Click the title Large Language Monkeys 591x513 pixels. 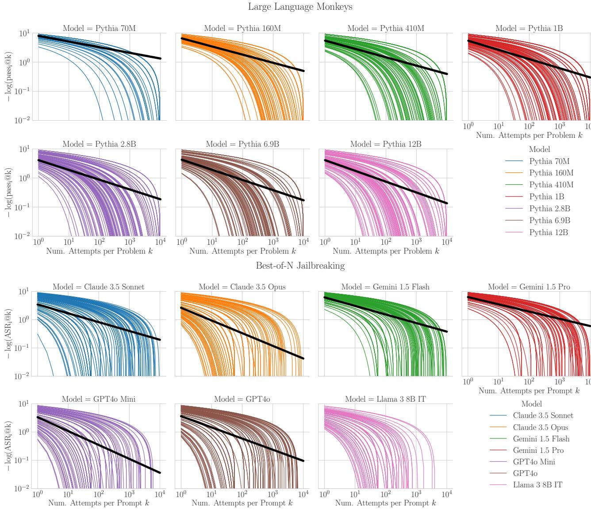tap(300, 7)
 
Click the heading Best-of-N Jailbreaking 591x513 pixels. tap(300, 266)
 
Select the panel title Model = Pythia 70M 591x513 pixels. tap(99, 29)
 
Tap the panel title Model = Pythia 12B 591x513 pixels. tap(386, 144)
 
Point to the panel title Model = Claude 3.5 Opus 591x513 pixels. tap(242, 287)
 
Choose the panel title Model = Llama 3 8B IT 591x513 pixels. tap(385, 399)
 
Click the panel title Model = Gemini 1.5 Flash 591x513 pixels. tap(385, 287)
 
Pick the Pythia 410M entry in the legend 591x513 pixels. tap(551, 185)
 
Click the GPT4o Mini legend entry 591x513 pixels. tap(534, 462)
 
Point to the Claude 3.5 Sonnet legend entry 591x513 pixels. tap(543, 416)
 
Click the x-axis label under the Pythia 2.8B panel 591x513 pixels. tap(99, 251)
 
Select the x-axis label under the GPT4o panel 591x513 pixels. tap(242, 503)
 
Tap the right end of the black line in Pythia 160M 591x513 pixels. tap(303, 71)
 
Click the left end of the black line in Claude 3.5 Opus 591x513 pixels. tap(181, 308)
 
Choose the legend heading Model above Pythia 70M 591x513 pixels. tap(539, 150)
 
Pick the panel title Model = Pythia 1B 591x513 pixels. tap(529, 29)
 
